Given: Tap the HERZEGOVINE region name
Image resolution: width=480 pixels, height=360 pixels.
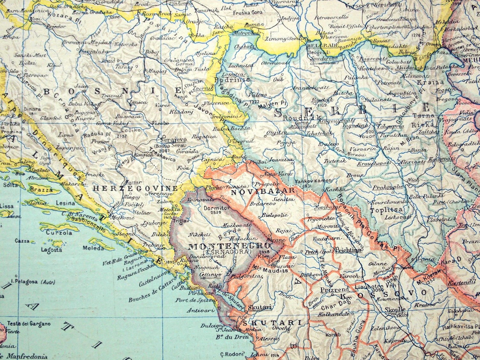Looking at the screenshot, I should pyautogui.click(x=135, y=188).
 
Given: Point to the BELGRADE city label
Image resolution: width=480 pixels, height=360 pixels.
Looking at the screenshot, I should pyautogui.click(x=318, y=45).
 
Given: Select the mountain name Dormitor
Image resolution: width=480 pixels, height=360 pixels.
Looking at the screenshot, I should pyautogui.click(x=217, y=207).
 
